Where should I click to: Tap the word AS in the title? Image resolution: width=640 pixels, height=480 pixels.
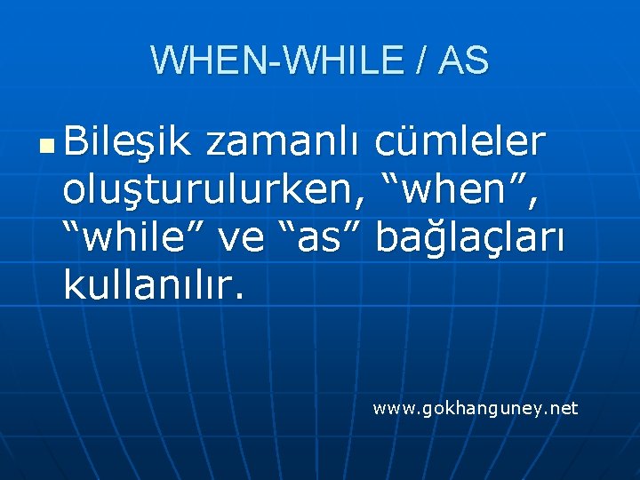pyautogui.click(x=463, y=60)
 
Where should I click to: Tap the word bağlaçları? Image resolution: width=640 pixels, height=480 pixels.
pyautogui.click(x=469, y=237)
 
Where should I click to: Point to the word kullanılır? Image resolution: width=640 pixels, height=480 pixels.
pyautogui.click(x=152, y=284)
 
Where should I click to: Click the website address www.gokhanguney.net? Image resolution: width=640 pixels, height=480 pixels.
pyautogui.click(x=476, y=408)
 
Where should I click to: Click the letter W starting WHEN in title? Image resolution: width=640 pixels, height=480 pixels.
pyautogui.click(x=166, y=60)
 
